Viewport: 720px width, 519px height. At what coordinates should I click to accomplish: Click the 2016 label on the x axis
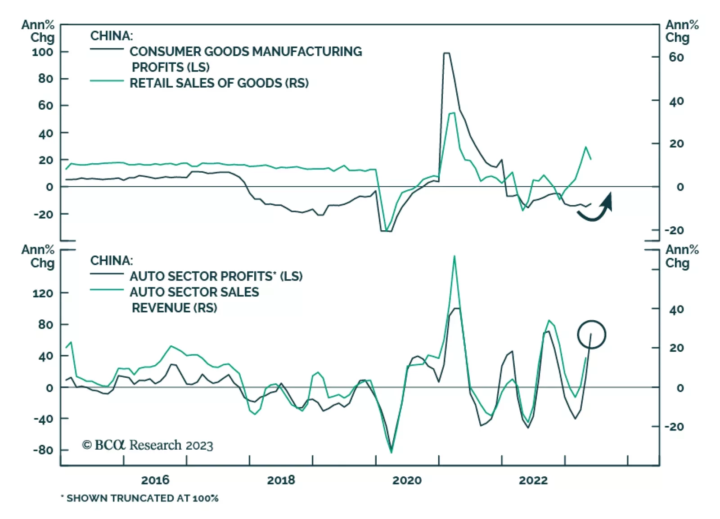click(x=155, y=480)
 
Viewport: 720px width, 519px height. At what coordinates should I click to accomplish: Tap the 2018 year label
click(x=281, y=480)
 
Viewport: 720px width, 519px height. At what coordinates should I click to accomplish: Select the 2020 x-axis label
click(x=407, y=480)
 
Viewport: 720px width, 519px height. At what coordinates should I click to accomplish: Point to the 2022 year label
click(x=533, y=480)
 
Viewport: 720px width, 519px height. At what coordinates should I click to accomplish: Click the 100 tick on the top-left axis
click(x=42, y=52)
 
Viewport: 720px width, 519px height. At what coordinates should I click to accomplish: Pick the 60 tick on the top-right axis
click(x=676, y=57)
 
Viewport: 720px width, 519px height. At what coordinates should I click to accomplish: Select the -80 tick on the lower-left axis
click(x=43, y=450)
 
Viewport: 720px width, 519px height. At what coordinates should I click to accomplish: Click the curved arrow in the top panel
click(x=596, y=209)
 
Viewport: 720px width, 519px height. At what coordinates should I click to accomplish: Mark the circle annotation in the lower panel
click(x=592, y=334)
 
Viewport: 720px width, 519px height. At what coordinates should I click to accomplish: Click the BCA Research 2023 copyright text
click(x=147, y=445)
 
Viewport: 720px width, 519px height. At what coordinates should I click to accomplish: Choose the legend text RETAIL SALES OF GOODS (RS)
click(x=219, y=83)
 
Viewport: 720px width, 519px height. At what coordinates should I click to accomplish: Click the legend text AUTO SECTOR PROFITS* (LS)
click(x=216, y=276)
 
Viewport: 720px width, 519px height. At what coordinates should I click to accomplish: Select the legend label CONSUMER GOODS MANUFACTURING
click(x=246, y=52)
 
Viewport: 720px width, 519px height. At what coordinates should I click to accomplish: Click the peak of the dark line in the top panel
click(x=446, y=53)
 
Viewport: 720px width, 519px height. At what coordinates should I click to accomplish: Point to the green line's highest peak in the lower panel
click(x=454, y=256)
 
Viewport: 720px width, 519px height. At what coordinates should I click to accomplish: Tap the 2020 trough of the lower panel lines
click(x=391, y=451)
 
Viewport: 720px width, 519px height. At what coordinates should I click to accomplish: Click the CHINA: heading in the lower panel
click(x=112, y=260)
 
